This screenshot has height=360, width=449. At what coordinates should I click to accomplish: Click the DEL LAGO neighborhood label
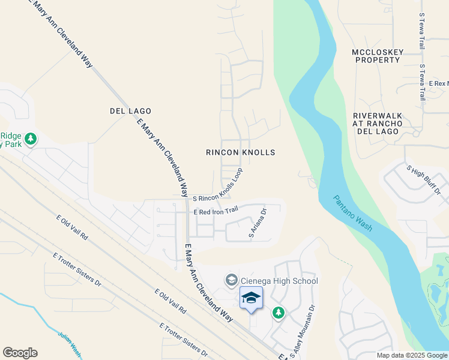coord(130,111)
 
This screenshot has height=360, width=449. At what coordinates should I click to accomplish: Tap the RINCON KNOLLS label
coord(240,152)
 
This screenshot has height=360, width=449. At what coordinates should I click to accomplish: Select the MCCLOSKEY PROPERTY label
coord(376,56)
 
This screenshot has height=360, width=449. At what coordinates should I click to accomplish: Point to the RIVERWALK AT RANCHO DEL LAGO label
coord(376,123)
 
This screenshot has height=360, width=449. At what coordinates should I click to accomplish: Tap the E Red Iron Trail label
coord(216,211)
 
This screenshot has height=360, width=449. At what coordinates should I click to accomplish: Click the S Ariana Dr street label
coord(257,224)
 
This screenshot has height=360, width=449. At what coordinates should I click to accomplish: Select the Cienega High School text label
coord(279,281)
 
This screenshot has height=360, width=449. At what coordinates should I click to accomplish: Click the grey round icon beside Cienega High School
coord(231,280)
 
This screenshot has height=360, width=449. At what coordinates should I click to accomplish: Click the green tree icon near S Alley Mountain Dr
coord(277,313)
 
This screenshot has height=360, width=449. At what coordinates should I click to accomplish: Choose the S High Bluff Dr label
coord(424,181)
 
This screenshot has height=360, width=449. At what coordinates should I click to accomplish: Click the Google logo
coord(20,353)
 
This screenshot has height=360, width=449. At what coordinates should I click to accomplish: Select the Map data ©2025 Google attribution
coord(411,355)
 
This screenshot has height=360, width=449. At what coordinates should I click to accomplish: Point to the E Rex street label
coord(436,83)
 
